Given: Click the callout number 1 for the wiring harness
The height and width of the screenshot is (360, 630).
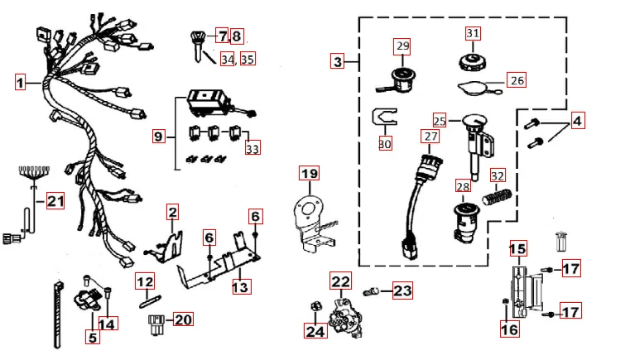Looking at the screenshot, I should click(21, 82).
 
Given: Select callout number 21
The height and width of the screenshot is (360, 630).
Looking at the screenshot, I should click(55, 201).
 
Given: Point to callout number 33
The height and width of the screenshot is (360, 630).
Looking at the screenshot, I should click(252, 148).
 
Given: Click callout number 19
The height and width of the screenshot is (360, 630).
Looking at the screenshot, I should click(309, 174).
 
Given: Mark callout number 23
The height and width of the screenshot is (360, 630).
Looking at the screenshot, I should click(402, 291).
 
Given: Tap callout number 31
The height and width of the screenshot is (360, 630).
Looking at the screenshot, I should click(473, 33).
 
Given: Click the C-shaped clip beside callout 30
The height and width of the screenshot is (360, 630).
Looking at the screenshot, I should click(382, 119).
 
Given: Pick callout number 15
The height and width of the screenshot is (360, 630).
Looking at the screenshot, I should click(517, 248).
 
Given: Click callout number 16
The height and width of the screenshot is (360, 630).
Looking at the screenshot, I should click(510, 329).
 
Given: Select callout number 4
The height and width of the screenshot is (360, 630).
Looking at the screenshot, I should click(577, 121).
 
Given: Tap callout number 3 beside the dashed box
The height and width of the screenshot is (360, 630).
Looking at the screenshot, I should click(337, 61).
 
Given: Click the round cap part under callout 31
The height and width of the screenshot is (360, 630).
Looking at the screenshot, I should click(473, 60).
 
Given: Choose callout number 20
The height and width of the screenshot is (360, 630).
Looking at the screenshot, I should click(183, 319).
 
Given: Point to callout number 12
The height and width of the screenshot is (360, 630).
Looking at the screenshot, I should click(146, 281).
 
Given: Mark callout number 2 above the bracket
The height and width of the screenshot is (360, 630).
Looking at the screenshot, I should click(172, 214).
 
